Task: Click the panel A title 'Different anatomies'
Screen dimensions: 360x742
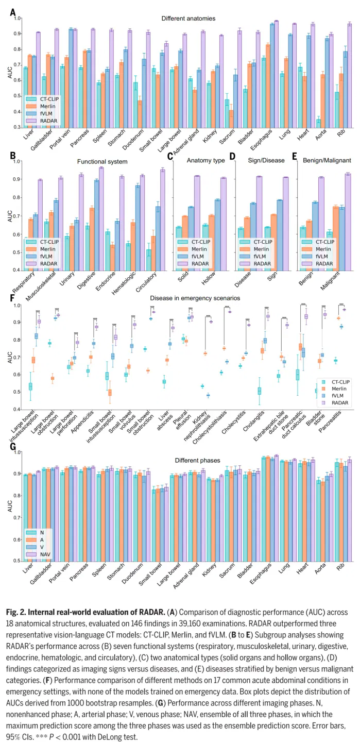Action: [188, 19]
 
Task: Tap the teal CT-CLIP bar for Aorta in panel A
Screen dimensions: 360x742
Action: [318, 123]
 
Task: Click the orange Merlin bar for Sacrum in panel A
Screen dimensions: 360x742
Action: [231, 119]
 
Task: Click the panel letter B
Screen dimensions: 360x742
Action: [13, 156]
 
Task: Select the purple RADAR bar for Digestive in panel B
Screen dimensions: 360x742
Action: [101, 219]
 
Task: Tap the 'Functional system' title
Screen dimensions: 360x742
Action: [102, 162]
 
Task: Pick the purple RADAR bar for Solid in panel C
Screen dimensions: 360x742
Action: [197, 223]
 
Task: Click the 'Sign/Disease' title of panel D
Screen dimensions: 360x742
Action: [266, 160]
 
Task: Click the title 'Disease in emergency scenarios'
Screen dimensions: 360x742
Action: [195, 298]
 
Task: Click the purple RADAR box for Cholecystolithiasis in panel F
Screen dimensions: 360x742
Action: [230, 312]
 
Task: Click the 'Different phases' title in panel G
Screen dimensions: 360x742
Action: [197, 461]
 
